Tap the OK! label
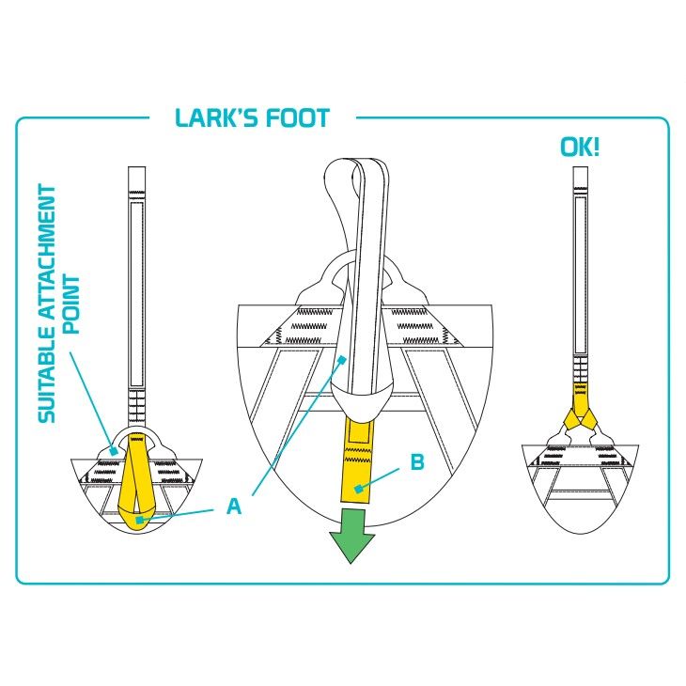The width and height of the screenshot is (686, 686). [580, 147]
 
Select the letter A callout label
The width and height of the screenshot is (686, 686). [234, 507]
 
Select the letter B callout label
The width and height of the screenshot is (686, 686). [417, 462]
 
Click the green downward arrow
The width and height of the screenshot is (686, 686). [351, 536]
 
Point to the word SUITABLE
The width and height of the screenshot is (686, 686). [47, 385]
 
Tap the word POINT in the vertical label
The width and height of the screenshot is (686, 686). [71, 304]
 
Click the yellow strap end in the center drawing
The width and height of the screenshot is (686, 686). [356, 459]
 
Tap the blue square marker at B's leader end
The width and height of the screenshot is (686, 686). [359, 489]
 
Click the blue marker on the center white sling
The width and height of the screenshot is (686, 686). [342, 360]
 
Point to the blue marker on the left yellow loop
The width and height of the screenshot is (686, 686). [139, 520]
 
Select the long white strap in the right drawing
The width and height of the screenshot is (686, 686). [581, 275]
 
